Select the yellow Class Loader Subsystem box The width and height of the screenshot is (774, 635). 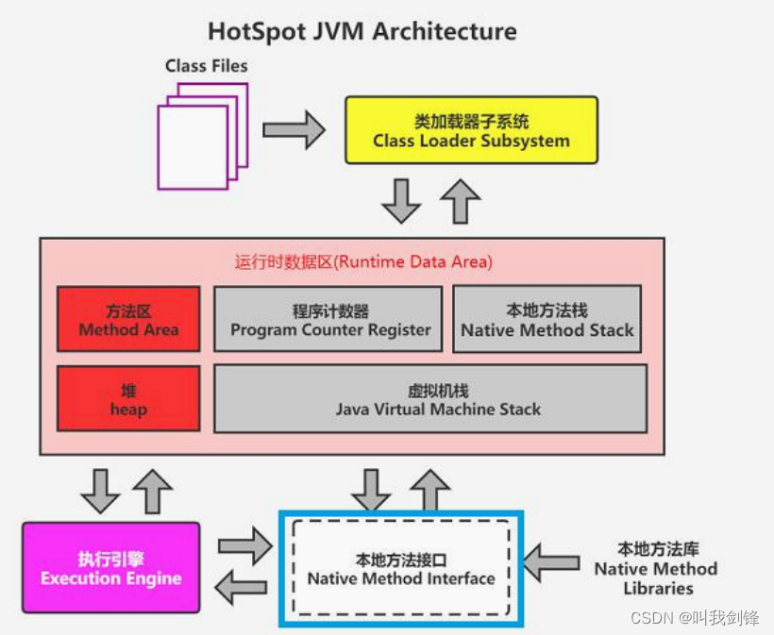[x=471, y=131]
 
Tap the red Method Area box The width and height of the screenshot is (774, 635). [x=128, y=321]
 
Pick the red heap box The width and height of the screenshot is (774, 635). [x=128, y=400]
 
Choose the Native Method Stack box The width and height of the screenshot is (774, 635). [x=547, y=321]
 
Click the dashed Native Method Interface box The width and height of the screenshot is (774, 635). [x=401, y=569]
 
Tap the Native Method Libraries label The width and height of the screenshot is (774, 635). [x=655, y=569]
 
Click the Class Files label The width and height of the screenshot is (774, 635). [x=206, y=65]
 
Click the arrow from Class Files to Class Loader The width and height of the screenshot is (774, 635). [x=293, y=129]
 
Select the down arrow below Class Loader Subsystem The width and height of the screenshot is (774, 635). [x=401, y=200]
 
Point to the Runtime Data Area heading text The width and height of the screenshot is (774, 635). [x=363, y=262]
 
